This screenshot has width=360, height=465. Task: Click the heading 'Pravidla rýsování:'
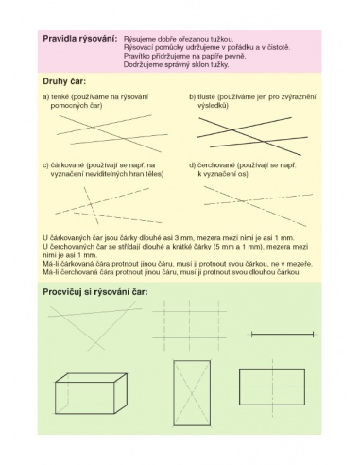[80, 39]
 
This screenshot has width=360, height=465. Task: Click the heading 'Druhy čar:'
[64, 81]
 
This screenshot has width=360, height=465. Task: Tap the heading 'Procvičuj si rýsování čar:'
[95, 292]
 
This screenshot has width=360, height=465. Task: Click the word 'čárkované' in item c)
[67, 165]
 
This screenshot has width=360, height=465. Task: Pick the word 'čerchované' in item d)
[216, 165]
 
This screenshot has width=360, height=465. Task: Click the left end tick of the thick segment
[252, 335]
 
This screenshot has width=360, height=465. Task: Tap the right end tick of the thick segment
[313, 335]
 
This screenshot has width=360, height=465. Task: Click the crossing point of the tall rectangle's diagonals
[192, 393]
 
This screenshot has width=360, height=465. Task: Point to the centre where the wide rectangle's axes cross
[272, 387]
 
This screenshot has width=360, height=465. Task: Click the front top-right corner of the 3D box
[114, 383]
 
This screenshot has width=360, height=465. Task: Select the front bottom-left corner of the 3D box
[56, 413]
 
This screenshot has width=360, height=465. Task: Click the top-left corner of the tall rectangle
[174, 361]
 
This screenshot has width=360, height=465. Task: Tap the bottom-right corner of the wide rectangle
[304, 405]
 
